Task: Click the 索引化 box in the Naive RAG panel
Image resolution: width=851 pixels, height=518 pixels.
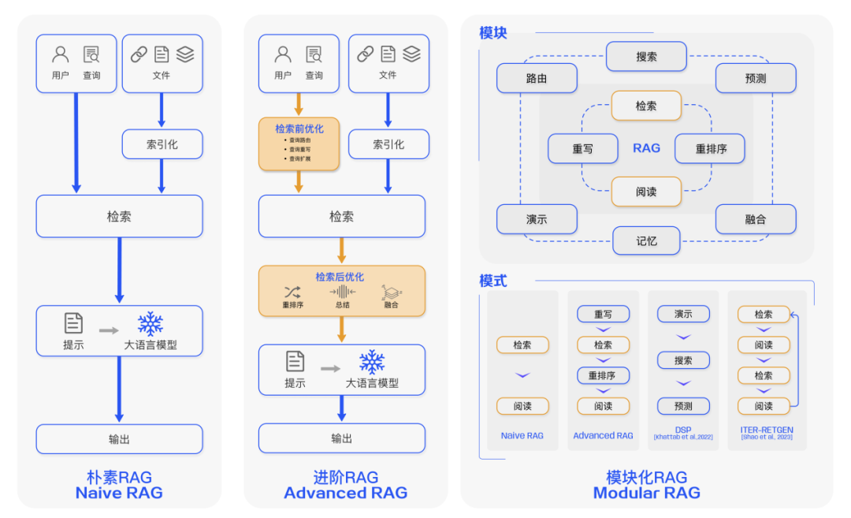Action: [x=162, y=144]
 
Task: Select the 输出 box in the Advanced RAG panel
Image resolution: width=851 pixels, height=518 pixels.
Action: [x=342, y=438]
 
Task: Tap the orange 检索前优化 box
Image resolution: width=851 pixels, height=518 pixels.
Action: [x=299, y=143]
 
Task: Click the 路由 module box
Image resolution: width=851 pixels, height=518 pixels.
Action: [x=537, y=79]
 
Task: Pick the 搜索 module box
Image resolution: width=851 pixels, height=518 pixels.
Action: [x=646, y=57]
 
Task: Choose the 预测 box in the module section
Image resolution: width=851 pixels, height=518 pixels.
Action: [x=756, y=79]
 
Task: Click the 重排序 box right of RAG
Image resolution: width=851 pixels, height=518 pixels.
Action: [x=711, y=148]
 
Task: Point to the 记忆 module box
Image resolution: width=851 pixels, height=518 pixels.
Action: [x=646, y=240]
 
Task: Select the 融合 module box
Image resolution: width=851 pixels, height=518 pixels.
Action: [x=756, y=219]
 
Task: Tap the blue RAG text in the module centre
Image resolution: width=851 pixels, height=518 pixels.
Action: [x=646, y=148]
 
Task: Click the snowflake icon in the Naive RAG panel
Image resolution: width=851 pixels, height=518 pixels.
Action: [x=150, y=323]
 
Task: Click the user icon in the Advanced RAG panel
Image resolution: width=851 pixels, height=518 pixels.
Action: [x=283, y=54]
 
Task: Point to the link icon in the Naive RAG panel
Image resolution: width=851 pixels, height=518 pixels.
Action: [x=139, y=54]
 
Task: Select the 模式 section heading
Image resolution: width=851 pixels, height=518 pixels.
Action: [x=493, y=281]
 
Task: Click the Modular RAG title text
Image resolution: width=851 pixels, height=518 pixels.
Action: [x=646, y=494]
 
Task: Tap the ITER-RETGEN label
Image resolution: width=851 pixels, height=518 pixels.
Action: [x=767, y=430]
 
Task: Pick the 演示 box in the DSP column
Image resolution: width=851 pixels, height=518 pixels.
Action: [x=683, y=314]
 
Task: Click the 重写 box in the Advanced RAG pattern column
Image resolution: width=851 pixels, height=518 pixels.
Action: [x=603, y=314]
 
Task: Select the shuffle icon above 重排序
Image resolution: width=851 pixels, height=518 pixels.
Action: [x=292, y=293]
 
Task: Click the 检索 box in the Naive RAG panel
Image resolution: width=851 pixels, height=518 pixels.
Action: [x=119, y=216]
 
